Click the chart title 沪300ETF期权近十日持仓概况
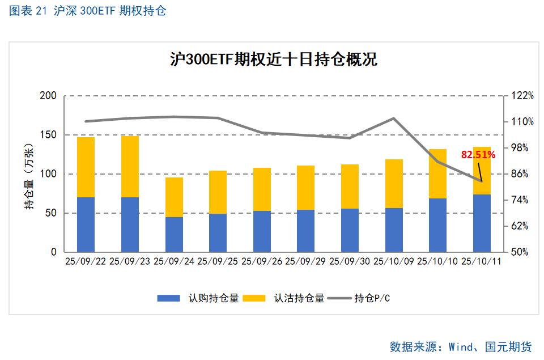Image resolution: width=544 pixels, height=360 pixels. (274, 59)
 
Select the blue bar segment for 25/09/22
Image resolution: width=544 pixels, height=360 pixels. (86, 225)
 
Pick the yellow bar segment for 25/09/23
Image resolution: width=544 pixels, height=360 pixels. (130, 167)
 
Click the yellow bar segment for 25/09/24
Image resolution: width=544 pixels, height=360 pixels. (174, 197)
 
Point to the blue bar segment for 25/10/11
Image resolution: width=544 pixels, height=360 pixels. (482, 223)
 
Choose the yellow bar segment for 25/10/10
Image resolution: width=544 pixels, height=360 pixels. (437, 173)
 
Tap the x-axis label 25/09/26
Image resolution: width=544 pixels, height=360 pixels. (261, 261)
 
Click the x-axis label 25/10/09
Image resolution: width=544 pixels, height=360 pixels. (393, 261)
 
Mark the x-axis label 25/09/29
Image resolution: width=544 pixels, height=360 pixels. (305, 261)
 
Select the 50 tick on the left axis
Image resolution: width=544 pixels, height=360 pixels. (51, 213)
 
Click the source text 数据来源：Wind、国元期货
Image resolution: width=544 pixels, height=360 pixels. (460, 346)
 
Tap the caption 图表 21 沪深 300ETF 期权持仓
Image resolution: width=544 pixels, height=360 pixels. (88, 11)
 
